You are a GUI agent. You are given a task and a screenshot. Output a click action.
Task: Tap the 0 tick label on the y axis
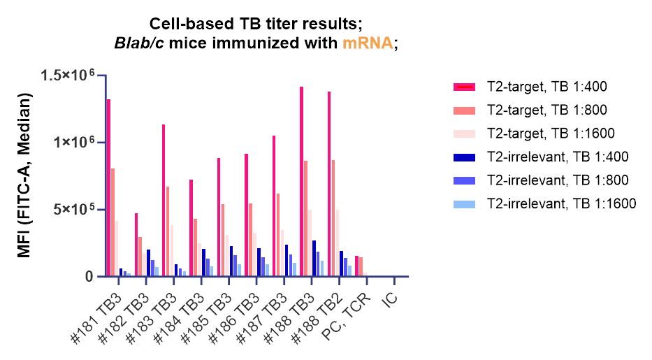pos(89,277)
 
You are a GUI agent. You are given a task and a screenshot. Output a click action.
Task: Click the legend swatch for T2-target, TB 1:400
pos(465,87)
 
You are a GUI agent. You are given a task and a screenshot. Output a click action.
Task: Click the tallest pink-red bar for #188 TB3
pos(302,182)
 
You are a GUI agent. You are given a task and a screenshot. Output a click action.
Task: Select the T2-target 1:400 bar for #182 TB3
pos(136,245)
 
